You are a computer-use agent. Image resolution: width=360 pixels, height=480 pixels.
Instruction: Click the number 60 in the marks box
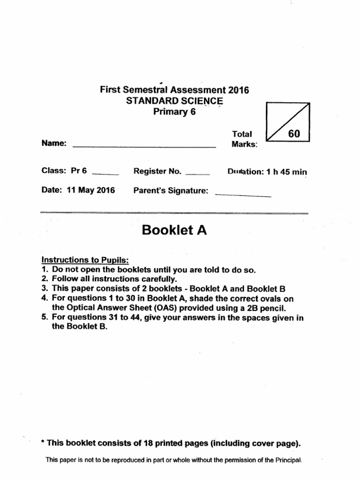click(294, 134)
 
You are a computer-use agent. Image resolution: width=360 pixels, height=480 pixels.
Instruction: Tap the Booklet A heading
click(174, 231)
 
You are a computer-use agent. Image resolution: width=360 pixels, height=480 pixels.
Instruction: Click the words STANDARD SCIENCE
click(174, 101)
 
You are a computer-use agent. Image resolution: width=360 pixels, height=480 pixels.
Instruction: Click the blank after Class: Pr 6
click(106, 173)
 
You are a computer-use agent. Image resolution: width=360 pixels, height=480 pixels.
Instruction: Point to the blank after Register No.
click(197, 173)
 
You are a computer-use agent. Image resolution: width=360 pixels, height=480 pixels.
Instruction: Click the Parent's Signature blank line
click(243, 195)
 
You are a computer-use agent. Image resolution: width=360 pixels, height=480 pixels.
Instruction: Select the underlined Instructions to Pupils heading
click(85, 260)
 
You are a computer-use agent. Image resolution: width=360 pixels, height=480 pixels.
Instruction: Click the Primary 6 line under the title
click(174, 112)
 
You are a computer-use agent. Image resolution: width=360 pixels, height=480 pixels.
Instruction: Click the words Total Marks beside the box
click(244, 139)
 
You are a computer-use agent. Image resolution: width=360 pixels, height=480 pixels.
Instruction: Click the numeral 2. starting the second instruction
click(45, 279)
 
